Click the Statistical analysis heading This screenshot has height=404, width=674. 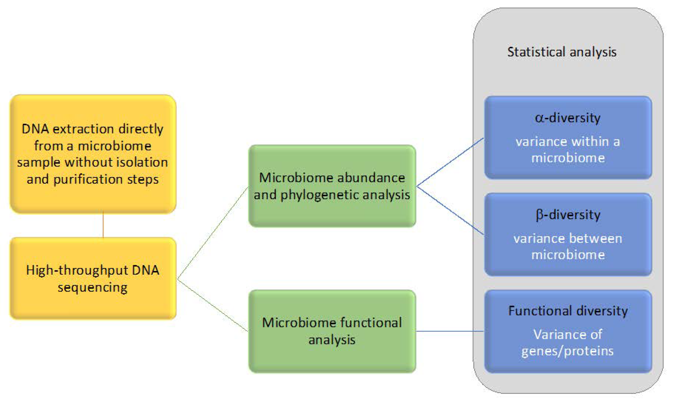coord(561,52)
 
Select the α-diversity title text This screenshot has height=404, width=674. coord(567,118)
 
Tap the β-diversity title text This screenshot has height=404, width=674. coord(568,215)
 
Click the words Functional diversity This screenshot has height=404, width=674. coord(568,311)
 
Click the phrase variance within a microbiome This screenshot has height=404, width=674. coord(568,150)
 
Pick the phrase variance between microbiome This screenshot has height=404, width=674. coord(568,247)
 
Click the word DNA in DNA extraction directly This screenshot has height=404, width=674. coord(35,129)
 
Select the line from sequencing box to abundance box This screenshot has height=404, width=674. coord(213,233)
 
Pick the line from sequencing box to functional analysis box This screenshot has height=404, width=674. coord(213,305)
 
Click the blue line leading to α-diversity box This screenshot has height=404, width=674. coord(450,162)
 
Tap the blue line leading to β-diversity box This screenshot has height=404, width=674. coord(450,210)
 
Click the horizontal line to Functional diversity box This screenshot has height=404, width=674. coord(450,331)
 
